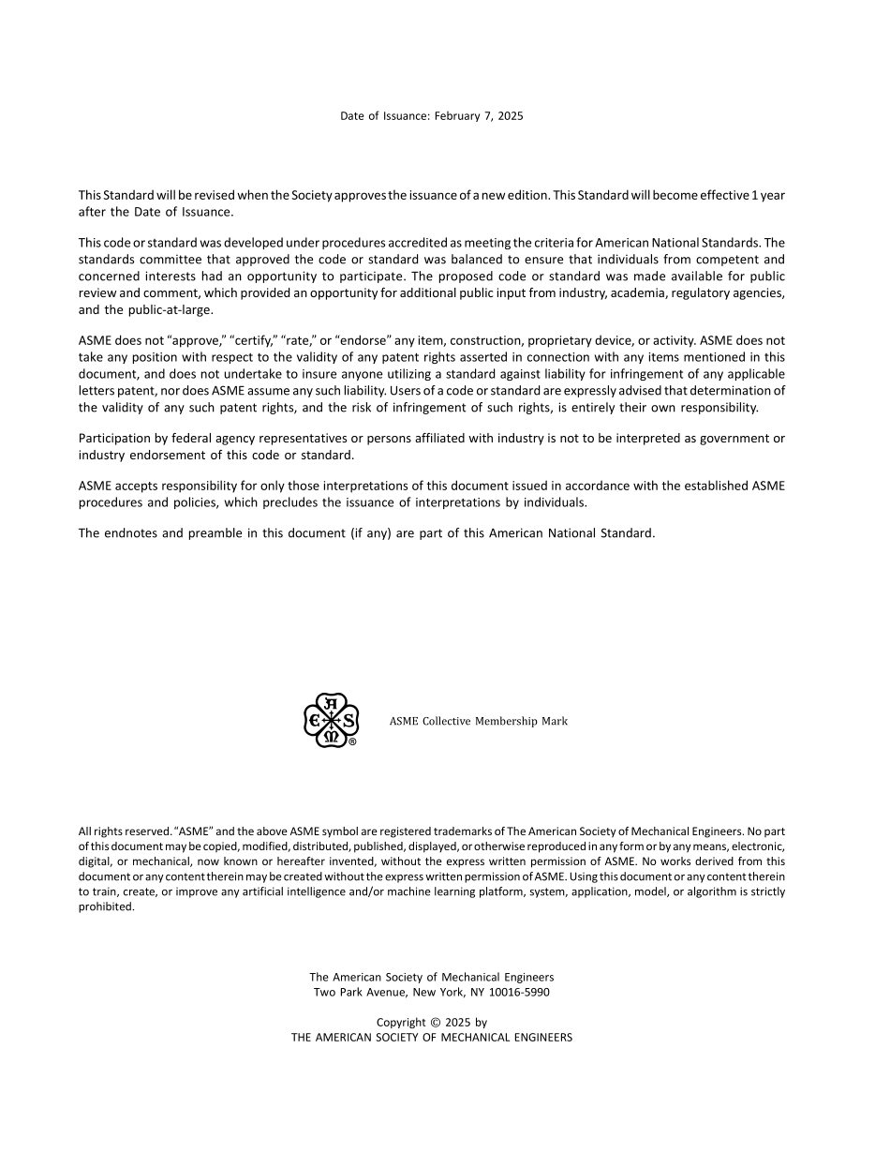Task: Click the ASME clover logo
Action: tap(331, 720)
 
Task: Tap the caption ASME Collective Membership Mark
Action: tap(478, 721)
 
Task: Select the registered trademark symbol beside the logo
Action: tap(352, 741)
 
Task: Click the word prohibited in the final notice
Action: tap(106, 906)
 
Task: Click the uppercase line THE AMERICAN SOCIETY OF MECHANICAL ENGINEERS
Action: tap(431, 1038)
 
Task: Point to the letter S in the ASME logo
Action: tap(349, 720)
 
